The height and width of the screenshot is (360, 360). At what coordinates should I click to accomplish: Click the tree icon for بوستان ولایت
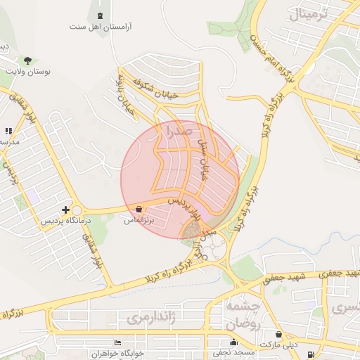27,60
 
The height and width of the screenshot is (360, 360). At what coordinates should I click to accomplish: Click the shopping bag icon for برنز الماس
139,209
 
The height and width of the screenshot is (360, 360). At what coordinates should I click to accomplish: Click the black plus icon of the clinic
66,210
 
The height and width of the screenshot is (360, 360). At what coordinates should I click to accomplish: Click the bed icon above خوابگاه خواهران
117,342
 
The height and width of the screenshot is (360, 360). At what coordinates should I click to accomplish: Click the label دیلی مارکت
278,345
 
